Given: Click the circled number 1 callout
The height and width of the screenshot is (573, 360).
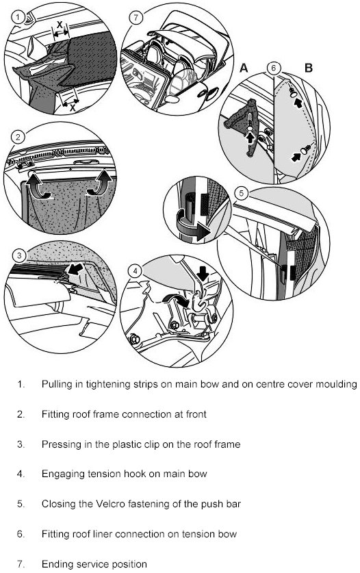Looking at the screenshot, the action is [x=18, y=16].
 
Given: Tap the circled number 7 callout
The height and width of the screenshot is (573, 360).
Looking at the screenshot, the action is [x=136, y=18].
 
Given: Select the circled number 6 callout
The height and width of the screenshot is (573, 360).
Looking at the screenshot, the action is [x=274, y=68].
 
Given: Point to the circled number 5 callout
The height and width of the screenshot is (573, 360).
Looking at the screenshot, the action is [x=242, y=193].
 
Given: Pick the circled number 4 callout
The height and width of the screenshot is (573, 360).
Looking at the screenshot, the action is [x=136, y=271].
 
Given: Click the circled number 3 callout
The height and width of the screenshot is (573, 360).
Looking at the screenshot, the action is [x=19, y=255].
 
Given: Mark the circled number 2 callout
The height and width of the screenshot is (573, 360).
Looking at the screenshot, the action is [x=18, y=138].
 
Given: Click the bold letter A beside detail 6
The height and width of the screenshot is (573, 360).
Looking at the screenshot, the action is [x=244, y=68].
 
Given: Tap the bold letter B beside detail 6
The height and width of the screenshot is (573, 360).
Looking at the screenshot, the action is [x=309, y=68].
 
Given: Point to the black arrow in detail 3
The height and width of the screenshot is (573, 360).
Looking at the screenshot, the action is [x=75, y=268].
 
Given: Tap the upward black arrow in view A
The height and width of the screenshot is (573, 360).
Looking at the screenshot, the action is [x=250, y=139].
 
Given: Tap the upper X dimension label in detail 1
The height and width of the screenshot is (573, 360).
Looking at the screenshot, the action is [x=60, y=25].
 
